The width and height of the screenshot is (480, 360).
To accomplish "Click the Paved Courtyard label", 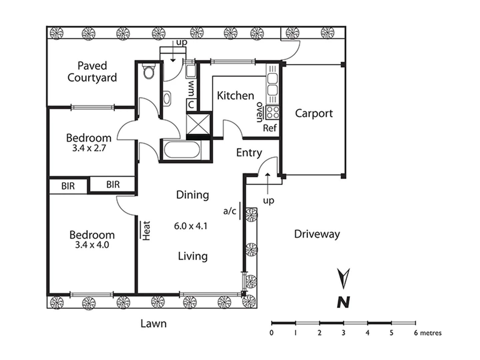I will [92, 72].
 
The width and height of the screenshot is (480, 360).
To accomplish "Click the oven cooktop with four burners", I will [272, 112].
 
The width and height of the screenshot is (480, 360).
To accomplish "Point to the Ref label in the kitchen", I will [270, 128].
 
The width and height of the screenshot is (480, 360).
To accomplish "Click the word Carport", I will [314, 113].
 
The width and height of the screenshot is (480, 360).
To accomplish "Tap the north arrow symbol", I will [343, 278].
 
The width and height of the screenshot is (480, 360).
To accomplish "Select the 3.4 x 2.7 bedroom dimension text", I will [89, 148].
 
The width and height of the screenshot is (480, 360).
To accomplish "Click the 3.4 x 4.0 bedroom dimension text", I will [92, 245].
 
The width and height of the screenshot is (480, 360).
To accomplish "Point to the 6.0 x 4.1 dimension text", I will [191, 226].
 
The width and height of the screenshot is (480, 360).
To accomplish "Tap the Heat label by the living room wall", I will [146, 230].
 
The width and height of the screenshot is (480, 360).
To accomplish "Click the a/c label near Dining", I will [230, 211].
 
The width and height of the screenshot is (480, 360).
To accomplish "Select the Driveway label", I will [317, 234].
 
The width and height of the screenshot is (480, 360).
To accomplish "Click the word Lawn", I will [153, 323].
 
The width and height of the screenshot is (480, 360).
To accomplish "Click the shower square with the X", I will [198, 124].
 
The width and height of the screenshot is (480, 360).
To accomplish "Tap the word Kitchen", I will [235, 96].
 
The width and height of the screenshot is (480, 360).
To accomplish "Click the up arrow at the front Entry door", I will [268, 180].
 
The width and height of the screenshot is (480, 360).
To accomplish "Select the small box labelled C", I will [191, 105].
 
